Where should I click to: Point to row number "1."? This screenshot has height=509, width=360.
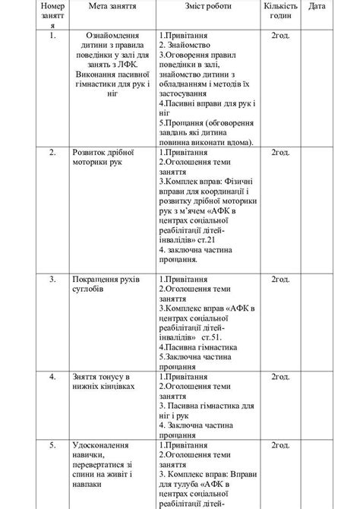pos(52,35)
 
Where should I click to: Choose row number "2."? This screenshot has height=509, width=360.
pos(52,152)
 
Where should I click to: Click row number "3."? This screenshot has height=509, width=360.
pos(52,279)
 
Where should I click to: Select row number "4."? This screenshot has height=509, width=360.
pos(52,376)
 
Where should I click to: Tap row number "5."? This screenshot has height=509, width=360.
pos(52,443)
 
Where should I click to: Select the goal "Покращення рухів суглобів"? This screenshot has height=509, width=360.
pos(106,283)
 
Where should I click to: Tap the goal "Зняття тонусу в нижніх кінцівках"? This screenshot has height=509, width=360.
pos(104,381)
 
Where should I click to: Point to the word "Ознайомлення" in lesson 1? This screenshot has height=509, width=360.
pos(113,35)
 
